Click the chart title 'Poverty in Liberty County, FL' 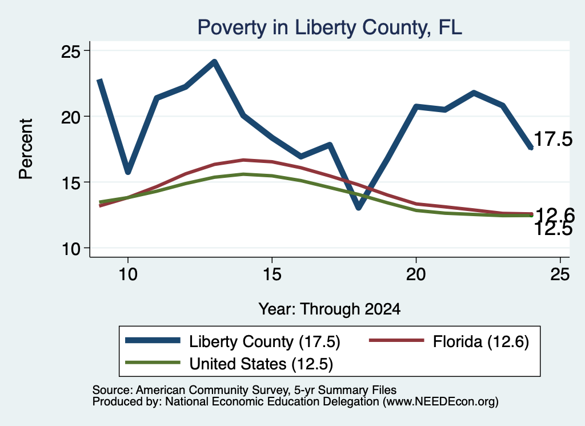330,28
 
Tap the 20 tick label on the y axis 70,117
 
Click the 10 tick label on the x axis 128,274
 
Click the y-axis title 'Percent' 26,149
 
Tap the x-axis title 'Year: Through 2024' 330,309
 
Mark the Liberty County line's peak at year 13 214,62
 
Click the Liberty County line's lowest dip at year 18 359,206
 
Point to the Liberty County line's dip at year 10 128,171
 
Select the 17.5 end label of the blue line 553,139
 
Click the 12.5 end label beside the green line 553,229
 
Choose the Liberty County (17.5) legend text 265,341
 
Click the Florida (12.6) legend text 481,341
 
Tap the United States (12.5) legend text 261,364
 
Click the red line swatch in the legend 396,340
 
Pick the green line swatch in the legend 153,363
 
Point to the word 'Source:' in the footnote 113,390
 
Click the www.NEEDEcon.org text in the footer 440,402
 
